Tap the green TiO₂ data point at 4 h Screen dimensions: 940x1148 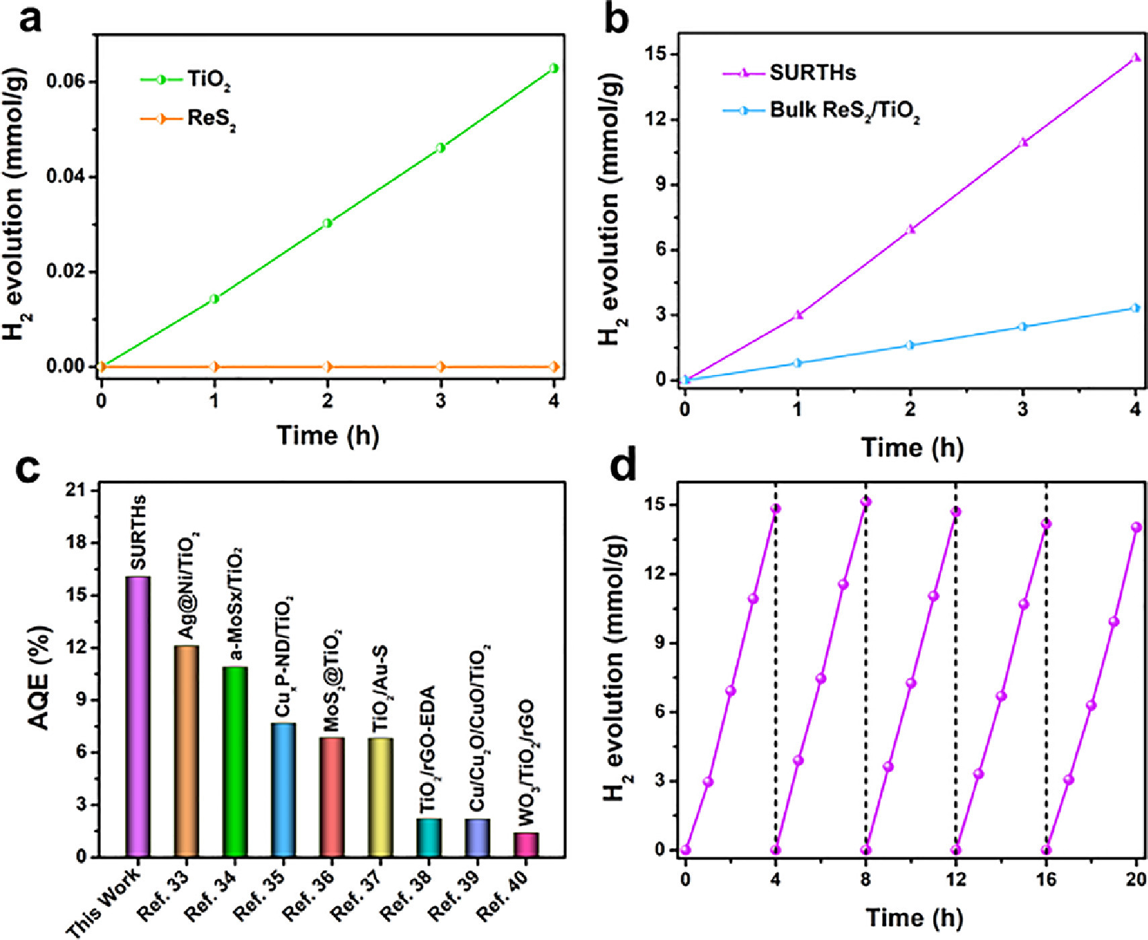point(554,68)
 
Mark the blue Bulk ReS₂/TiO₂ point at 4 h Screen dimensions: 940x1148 point(1136,308)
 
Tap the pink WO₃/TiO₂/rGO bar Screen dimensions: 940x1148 point(526,845)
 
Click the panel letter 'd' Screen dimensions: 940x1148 point(622,466)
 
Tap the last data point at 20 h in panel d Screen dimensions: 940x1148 point(1136,527)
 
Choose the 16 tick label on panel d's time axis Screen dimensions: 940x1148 point(1046,879)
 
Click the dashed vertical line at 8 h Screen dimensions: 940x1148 point(866,672)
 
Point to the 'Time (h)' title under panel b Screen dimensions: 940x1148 point(912,447)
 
